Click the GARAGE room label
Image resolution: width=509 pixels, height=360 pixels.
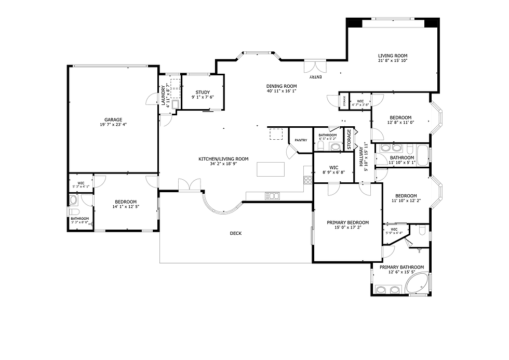click(113, 119)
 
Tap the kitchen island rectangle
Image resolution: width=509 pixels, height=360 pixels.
click(271, 169)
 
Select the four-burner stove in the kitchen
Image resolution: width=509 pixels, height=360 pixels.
click(307, 180)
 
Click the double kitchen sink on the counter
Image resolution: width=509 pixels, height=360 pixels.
click(272, 196)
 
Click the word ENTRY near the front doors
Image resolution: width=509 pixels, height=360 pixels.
click(316, 77)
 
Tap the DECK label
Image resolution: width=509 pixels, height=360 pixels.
click(235, 233)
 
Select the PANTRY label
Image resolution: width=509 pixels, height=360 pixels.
click(301, 140)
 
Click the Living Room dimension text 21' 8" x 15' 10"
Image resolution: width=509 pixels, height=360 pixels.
click(392, 61)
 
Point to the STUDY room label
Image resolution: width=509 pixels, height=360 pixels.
click(203, 92)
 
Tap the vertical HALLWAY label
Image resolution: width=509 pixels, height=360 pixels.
click(360, 156)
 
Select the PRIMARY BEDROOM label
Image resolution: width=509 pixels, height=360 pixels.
click(347, 222)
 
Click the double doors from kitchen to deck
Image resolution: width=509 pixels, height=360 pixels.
click(189, 185)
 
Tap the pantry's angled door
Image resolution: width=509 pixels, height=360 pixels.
click(291, 151)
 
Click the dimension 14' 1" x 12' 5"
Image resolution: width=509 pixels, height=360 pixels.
click(126, 207)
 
